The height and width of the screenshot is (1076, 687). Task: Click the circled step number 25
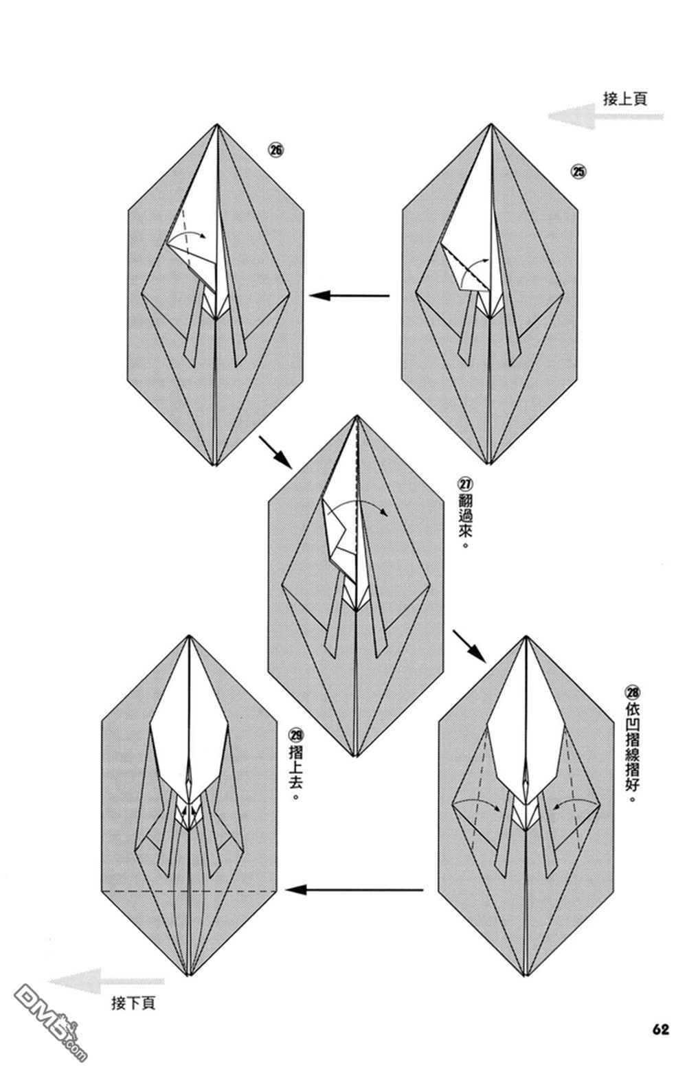coord(579,172)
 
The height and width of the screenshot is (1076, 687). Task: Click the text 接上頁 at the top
coord(624,99)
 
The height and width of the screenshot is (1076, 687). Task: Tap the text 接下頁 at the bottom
coord(133,1003)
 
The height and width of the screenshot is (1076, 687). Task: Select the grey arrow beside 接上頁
coord(605,117)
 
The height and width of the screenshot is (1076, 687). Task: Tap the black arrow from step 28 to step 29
coord(354,891)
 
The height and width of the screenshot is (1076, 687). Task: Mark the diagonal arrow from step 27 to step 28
coord(469,645)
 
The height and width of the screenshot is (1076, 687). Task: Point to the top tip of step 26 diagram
coord(217,125)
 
